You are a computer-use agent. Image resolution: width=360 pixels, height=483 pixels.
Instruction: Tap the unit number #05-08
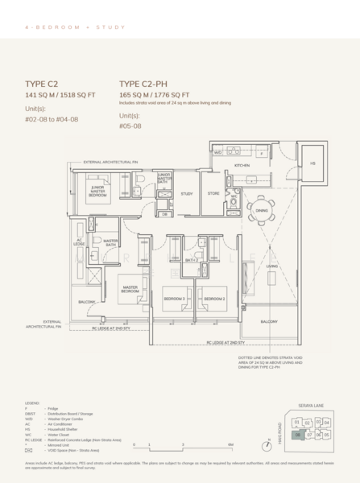pos(131,126)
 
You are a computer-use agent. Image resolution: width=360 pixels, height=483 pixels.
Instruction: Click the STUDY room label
pos(186,194)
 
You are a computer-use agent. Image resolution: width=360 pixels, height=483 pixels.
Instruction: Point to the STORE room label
pos(213,194)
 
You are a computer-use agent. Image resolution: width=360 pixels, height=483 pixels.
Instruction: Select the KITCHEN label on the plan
pos(243,165)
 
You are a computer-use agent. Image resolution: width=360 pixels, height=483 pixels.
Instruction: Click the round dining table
pos(260,213)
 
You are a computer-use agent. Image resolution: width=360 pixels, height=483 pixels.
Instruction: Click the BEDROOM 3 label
pos(175,299)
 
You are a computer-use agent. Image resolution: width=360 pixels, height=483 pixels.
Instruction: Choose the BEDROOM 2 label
pos(213,299)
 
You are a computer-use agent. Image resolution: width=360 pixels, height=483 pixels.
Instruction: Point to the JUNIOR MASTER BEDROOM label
pos(97,191)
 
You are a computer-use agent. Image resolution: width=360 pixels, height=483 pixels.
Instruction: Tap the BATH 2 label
pos(192,260)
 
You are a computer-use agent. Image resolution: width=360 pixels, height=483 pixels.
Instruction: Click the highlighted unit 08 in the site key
pos(298,434)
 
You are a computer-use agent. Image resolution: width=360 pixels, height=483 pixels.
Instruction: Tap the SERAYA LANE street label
pos(312,404)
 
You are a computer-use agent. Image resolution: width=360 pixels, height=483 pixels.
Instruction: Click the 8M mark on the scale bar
pos(230,444)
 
